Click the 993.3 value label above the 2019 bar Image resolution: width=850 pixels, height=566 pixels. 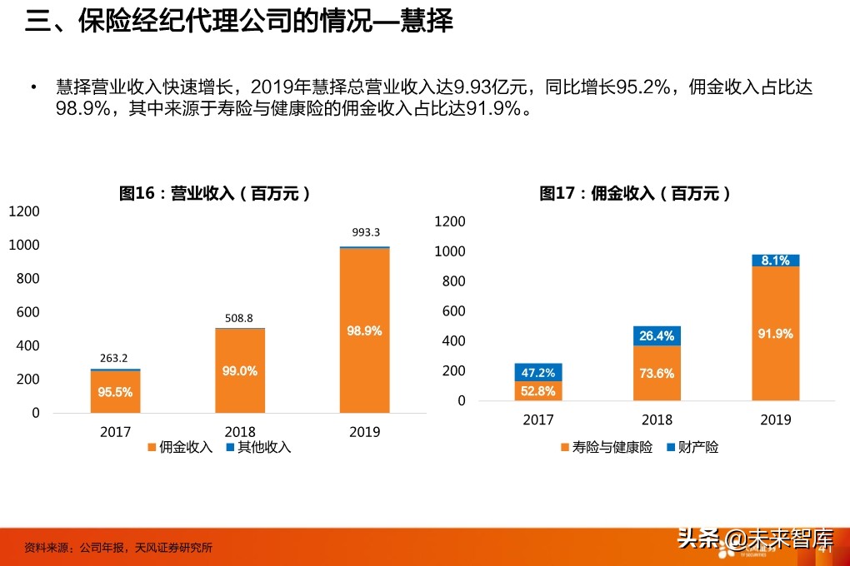[364, 232]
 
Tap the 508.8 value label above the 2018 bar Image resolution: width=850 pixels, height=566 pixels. [240, 318]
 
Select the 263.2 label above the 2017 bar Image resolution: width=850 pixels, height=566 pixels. [115, 359]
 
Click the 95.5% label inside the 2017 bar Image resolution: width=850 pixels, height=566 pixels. [115, 393]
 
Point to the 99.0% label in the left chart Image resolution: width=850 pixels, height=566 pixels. [240, 371]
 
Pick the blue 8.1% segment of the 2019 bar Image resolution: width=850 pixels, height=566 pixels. [776, 261]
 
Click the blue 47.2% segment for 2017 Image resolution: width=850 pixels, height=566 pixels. [538, 372]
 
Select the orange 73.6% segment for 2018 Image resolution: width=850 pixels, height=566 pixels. [657, 373]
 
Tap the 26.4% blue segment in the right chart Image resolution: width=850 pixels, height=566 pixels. [657, 336]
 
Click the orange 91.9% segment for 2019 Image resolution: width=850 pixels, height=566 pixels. [776, 333]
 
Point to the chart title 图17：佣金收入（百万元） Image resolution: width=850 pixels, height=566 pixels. [635, 193]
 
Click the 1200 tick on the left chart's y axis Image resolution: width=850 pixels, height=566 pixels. [24, 211]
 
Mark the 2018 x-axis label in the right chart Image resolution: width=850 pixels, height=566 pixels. [657, 420]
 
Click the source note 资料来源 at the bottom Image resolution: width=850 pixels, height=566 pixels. [117, 548]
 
